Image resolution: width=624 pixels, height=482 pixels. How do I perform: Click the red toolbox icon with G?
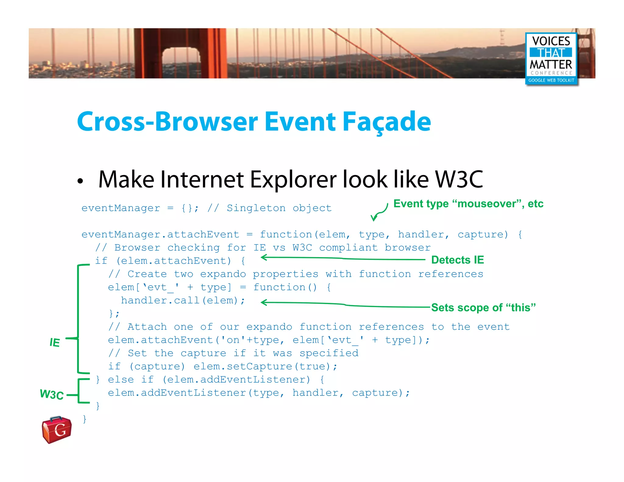click(x=57, y=430)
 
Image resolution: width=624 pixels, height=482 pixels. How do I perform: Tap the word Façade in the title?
click(x=387, y=122)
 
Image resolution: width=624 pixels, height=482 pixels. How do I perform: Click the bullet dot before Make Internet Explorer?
click(x=80, y=181)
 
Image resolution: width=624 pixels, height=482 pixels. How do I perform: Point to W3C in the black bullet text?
click(x=459, y=179)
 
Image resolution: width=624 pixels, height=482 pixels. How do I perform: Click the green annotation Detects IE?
click(x=457, y=260)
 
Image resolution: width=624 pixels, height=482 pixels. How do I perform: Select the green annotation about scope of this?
click(x=483, y=307)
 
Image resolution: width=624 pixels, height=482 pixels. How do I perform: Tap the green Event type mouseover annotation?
click(x=468, y=204)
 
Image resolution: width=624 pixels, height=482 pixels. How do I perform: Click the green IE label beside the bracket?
click(x=55, y=342)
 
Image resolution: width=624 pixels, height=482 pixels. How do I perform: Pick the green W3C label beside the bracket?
click(x=52, y=394)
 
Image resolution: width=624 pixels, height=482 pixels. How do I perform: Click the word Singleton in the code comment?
click(x=256, y=208)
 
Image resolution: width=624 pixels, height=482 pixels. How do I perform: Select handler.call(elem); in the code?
click(x=183, y=301)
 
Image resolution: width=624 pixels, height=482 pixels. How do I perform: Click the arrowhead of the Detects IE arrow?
click(x=264, y=257)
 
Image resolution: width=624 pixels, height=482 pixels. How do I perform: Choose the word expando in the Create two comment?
click(x=223, y=274)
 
